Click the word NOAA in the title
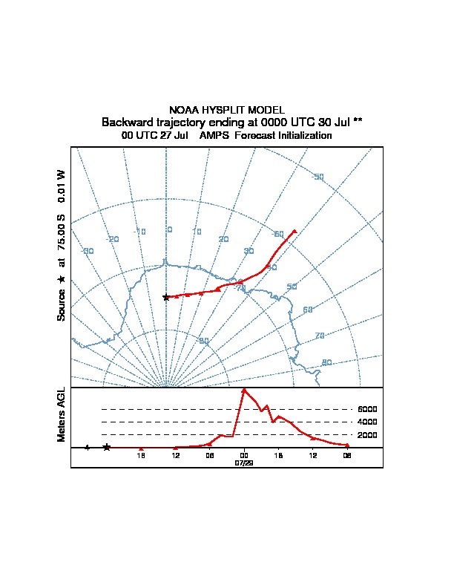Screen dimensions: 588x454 point(183,110)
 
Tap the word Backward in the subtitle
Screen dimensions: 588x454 point(126,122)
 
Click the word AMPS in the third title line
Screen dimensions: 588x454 point(214,136)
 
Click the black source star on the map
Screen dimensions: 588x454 point(166,297)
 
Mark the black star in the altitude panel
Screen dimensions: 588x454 point(107,447)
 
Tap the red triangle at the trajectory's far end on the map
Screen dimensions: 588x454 point(295,231)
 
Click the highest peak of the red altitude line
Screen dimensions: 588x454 point(244,390)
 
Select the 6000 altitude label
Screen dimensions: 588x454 point(367,409)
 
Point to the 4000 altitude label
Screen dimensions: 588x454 point(367,422)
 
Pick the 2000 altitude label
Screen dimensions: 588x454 point(367,435)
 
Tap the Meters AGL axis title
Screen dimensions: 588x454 point(62,414)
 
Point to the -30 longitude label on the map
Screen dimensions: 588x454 point(88,251)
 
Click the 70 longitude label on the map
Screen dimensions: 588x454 point(320,336)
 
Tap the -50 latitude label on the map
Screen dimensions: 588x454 point(318,176)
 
